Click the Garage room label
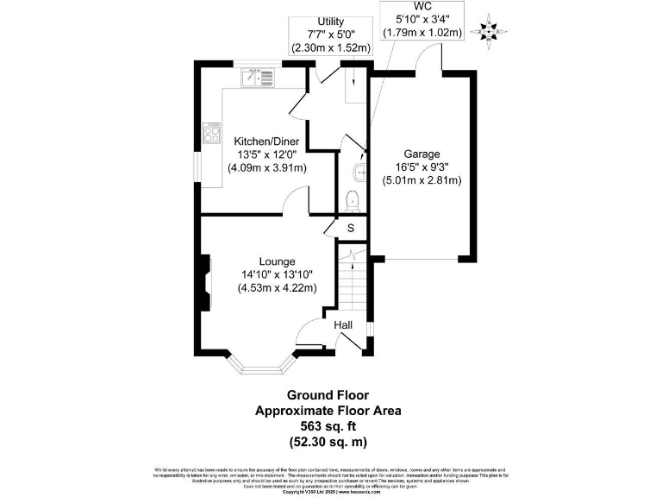[422, 154]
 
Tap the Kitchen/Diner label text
[267, 142]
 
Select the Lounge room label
[278, 261]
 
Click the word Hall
[344, 324]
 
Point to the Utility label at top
[331, 22]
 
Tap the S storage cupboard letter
[350, 228]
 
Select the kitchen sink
[259, 79]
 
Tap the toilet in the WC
[352, 201]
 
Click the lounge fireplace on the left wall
[205, 282]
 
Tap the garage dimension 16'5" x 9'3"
[422, 167]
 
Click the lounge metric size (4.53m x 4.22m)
[278, 288]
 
